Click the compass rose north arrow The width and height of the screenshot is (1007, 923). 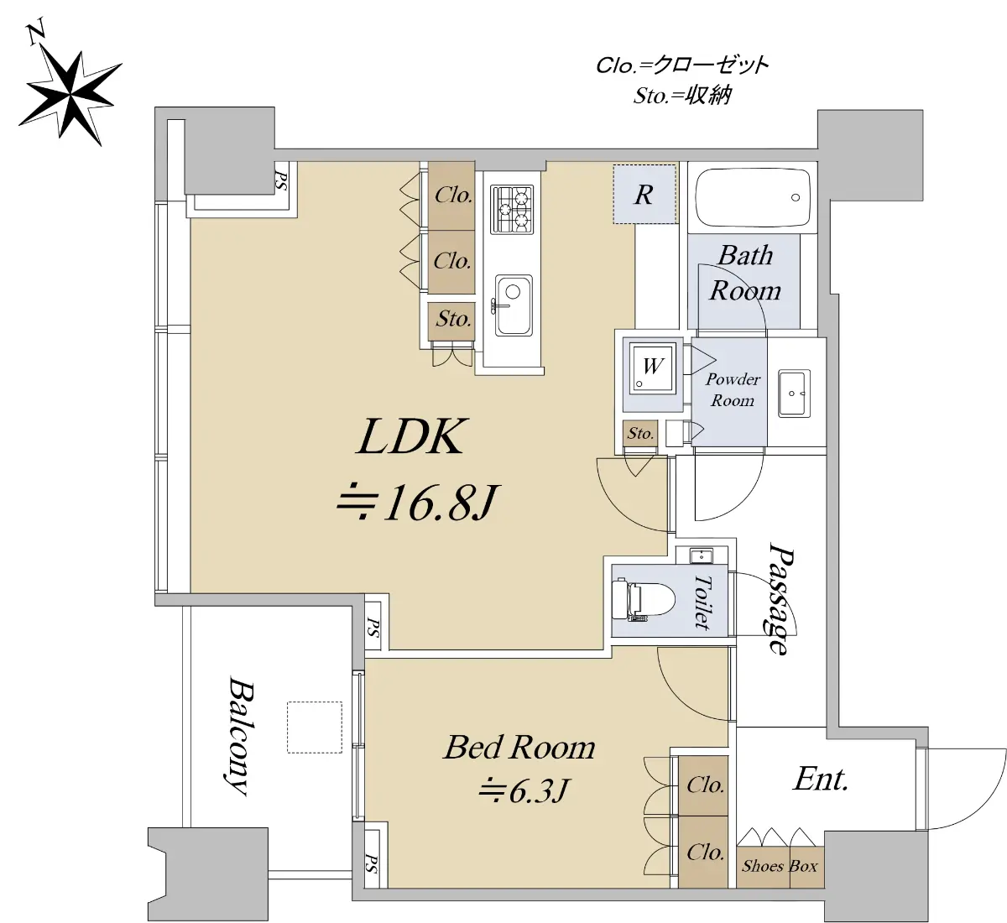coord(70,88)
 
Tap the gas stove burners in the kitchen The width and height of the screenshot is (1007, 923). coord(512,210)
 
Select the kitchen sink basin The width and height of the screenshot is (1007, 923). coord(513,305)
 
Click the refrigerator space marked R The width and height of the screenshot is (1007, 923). coord(644,195)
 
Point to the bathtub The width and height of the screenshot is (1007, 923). coord(753,197)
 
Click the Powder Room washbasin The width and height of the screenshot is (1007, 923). coord(794,394)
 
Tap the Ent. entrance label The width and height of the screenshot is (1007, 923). coord(821,780)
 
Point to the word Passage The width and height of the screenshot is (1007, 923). coord(781,598)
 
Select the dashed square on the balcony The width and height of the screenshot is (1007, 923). coord(314,727)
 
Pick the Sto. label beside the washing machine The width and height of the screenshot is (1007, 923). coord(640,433)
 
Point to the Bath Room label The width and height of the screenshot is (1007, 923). coord(745,273)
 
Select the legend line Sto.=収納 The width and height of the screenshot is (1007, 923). coord(681,96)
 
